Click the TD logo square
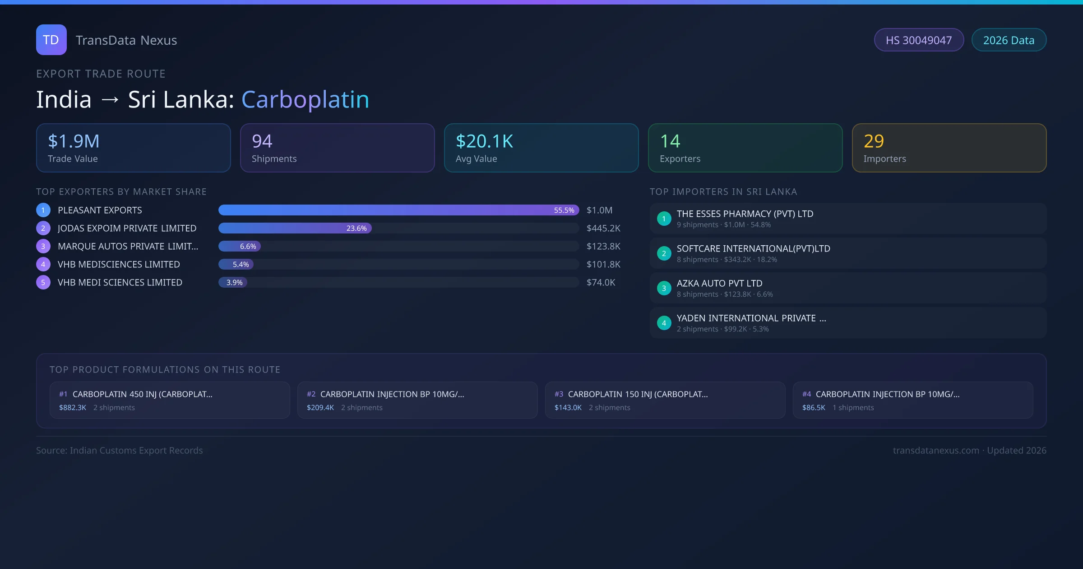coord(51,40)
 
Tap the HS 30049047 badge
coord(919,40)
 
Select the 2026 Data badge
coord(1009,40)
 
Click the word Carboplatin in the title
coord(305,99)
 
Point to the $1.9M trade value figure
coord(74,141)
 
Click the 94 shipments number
coord(262,141)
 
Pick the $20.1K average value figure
coord(484,141)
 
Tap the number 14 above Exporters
coord(670,141)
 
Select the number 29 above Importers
coord(874,141)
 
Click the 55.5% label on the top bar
coord(564,210)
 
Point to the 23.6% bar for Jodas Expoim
coord(295,229)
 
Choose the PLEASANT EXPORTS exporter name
coord(100,210)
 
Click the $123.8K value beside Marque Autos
coord(603,247)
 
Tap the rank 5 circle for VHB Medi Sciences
coord(43,283)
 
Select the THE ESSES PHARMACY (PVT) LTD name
coord(745,214)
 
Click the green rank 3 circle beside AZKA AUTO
coord(664,288)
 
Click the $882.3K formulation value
coord(73,408)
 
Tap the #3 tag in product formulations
coord(559,394)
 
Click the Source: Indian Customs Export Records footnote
coord(120,451)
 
